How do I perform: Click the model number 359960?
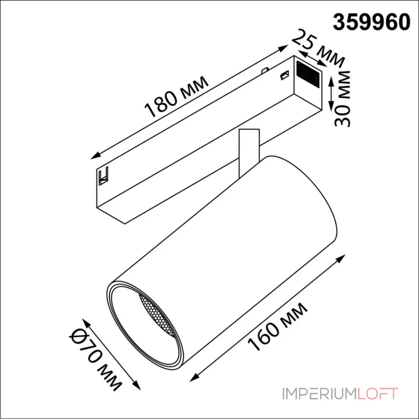click(x=371, y=22)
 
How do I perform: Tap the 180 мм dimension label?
click(x=177, y=97)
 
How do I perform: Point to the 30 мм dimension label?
click(x=343, y=98)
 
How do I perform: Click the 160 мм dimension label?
click(x=278, y=327)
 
